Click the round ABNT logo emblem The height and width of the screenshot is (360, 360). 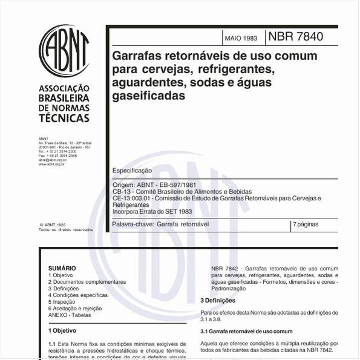tap(64, 50)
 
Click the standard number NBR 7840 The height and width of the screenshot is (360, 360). tap(295, 37)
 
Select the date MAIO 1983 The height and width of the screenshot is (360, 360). tap(240, 38)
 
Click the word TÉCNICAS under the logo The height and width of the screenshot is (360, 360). tap(64, 117)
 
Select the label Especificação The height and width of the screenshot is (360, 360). tap(133, 171)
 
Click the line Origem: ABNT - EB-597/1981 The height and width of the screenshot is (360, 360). tap(154, 185)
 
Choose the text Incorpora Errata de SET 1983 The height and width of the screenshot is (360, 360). tap(152, 211)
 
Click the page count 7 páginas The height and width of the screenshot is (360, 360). tap(306, 224)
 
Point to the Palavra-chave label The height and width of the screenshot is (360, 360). tap(133, 224)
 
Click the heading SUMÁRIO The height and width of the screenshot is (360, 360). tap(62, 268)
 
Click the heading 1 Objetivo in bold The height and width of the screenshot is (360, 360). tap(62, 331)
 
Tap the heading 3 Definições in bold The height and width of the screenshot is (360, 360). tap(218, 300)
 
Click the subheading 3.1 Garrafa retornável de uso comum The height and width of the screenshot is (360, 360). tap(246, 332)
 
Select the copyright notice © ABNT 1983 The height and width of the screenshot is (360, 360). tap(53, 224)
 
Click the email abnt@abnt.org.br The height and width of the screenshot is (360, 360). tap(53, 160)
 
